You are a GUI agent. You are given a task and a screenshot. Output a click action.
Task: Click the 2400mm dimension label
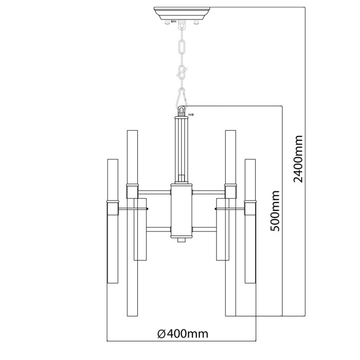[298, 158]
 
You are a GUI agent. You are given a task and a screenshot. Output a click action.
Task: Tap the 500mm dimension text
[275, 211]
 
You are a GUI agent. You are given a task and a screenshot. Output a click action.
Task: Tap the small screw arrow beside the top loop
[191, 114]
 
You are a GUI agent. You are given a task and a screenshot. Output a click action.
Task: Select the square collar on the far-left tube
[112, 208]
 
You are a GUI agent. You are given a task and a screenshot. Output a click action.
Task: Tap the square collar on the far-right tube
[250, 208]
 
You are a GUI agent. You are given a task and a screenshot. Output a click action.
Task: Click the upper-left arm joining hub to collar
[155, 192]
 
